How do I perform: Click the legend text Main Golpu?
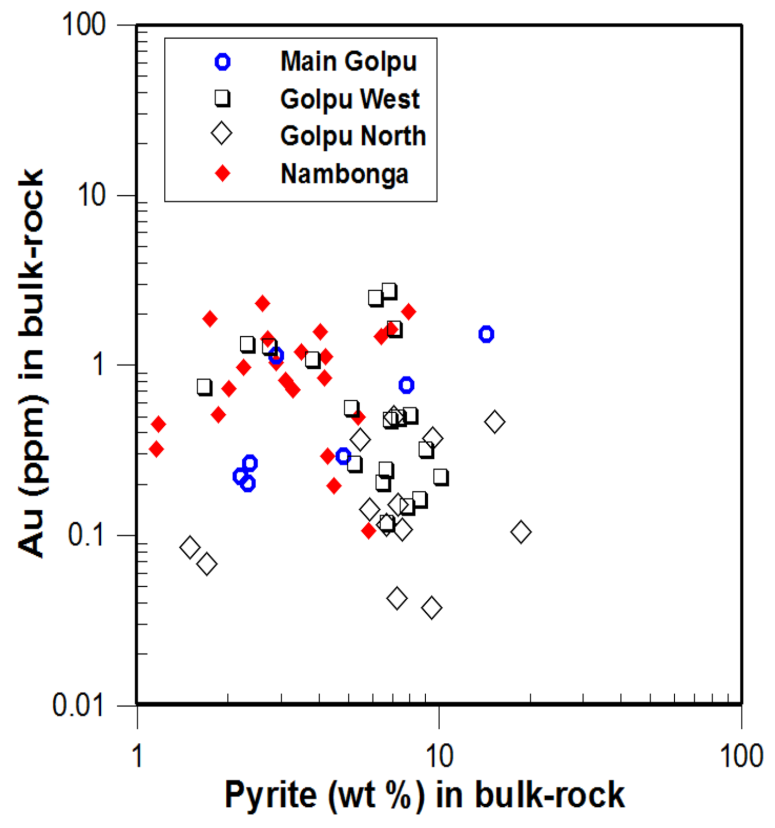point(348,61)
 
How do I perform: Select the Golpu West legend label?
point(350,99)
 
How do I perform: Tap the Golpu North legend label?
point(353,136)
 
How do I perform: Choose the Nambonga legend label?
point(344,174)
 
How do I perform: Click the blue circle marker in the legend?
point(222,62)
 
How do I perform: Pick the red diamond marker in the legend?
point(222,173)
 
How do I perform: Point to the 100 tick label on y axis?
point(84,24)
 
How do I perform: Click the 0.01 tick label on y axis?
point(78,704)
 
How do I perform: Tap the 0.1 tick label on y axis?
point(86,535)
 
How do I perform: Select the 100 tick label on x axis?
point(741,756)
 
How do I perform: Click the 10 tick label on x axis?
point(439,756)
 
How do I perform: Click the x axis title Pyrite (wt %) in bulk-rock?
point(424,794)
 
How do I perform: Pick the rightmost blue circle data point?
point(486,334)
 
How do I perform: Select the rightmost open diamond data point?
point(521,532)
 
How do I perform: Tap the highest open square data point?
point(389,291)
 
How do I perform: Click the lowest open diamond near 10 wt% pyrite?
point(431,608)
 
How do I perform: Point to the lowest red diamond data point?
point(368,530)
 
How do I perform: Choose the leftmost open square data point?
point(204,387)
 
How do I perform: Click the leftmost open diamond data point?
point(190,547)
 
